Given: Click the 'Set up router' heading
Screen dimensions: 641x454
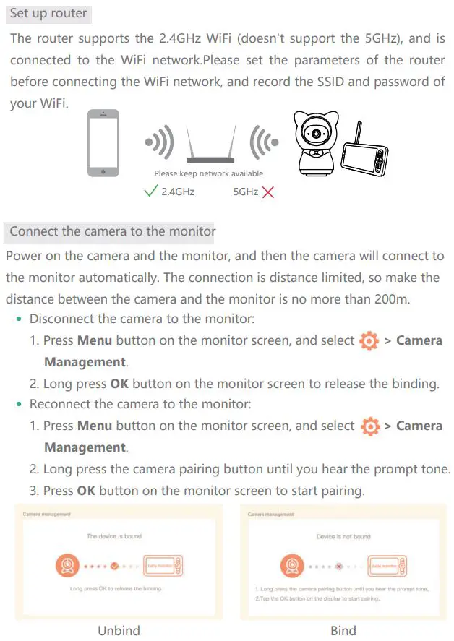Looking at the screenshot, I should (48, 14).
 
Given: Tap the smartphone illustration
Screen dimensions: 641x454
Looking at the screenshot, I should (104, 142).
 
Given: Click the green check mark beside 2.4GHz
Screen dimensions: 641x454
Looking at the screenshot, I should (150, 192).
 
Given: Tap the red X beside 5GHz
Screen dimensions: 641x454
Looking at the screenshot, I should (268, 192).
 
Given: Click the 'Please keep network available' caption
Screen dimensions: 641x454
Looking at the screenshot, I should (208, 173).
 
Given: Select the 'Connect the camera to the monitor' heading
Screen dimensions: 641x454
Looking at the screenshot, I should (112, 231).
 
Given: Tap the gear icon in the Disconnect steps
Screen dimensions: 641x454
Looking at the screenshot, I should (369, 341).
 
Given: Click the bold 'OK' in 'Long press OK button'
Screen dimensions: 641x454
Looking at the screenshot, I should (119, 384).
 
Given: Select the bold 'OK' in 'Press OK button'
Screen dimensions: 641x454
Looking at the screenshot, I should (85, 491).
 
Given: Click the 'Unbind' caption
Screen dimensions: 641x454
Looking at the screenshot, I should (119, 630).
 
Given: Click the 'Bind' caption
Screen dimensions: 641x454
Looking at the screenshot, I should (343, 630).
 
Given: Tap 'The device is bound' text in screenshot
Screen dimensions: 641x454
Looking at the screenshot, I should (114, 536).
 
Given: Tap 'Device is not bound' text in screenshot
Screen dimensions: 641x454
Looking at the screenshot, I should (343, 536).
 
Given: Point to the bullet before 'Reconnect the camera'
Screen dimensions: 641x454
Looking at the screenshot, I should (20, 404).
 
